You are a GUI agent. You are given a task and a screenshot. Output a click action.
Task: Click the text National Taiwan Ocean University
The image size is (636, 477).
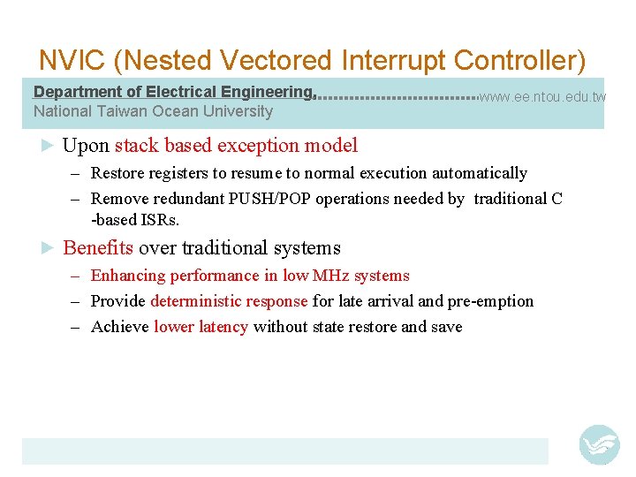[153, 111]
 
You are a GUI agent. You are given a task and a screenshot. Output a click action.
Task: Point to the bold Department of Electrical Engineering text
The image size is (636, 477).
[173, 92]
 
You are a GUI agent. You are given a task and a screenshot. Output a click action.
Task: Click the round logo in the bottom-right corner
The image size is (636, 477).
[599, 444]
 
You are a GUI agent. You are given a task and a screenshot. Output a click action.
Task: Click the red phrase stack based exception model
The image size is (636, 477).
[236, 146]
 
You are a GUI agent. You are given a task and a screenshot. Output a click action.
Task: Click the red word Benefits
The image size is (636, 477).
[98, 248]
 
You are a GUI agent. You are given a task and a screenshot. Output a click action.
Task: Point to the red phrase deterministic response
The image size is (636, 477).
[229, 301]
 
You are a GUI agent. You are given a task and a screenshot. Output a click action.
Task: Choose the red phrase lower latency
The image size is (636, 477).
[201, 327]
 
